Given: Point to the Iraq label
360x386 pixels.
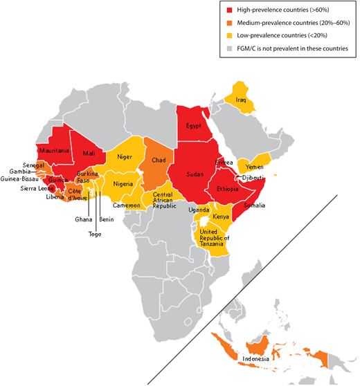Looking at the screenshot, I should pyautogui.click(x=241, y=100).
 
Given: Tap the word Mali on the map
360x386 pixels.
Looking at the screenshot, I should pyautogui.click(x=89, y=153).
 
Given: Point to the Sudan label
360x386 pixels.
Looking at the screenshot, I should pyautogui.click(x=195, y=174).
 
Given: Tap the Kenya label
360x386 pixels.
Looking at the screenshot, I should pyautogui.click(x=222, y=217).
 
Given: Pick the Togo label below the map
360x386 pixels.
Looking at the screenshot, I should pyautogui.click(x=96, y=235).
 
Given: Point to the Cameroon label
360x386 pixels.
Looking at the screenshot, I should pyautogui.click(x=127, y=205).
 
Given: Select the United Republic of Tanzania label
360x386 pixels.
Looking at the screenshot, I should pyautogui.click(x=214, y=235).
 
